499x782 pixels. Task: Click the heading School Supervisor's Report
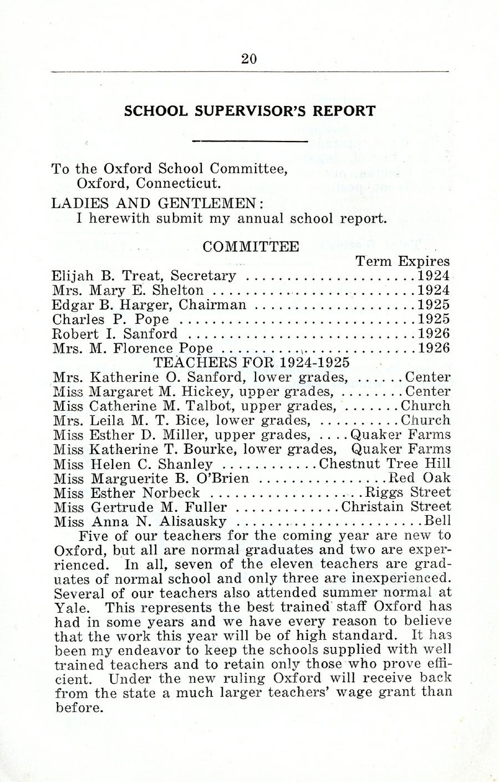249,111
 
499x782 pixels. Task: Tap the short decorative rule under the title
249,141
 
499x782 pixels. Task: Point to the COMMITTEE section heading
251,246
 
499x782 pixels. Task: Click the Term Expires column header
402,261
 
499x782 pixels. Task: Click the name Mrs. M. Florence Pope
133,349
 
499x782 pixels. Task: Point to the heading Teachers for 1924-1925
251,363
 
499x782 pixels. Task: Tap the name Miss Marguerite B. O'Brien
151,478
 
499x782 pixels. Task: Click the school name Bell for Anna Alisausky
437,521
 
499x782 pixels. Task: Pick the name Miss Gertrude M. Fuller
140,507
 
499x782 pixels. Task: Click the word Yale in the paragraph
69,607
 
